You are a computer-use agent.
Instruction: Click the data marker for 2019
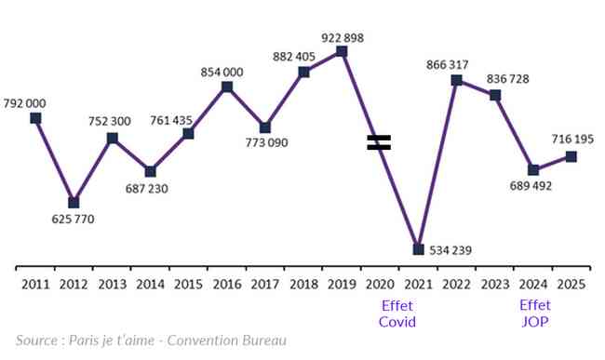coord(342,51)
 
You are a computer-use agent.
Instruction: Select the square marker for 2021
coord(418,249)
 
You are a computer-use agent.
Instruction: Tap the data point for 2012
coord(74,203)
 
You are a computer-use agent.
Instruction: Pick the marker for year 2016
coord(227,87)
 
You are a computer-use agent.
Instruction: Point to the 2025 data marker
coord(571,156)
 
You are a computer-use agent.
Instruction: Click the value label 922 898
coord(343,38)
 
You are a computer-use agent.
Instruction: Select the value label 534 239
coord(450,250)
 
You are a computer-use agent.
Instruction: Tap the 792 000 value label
coord(25,103)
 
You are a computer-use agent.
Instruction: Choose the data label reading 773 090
coord(266,143)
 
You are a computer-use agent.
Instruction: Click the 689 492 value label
coord(531,186)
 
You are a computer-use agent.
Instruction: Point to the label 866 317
coord(447,65)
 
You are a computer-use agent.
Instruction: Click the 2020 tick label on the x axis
coord(380,285)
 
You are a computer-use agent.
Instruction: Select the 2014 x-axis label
coord(151,285)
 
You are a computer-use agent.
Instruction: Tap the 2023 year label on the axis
coord(495,285)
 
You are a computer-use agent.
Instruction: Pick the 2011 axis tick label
coord(35,285)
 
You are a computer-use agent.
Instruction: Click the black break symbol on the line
coord(379,142)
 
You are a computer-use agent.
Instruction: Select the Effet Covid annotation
coord(397,313)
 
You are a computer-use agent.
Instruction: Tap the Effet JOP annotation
coord(535,313)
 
